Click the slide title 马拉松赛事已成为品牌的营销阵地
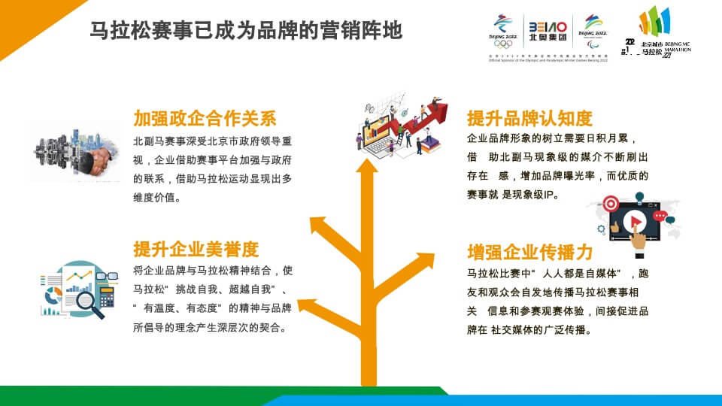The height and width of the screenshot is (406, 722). [x=245, y=30]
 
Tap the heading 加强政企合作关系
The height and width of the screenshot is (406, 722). [x=205, y=118]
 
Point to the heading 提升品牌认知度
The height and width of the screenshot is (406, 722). [x=529, y=118]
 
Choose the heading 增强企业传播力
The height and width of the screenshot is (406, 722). [x=529, y=251]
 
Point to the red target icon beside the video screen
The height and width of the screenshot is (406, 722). [x=610, y=203]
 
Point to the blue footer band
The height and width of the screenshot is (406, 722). [x=526, y=400]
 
